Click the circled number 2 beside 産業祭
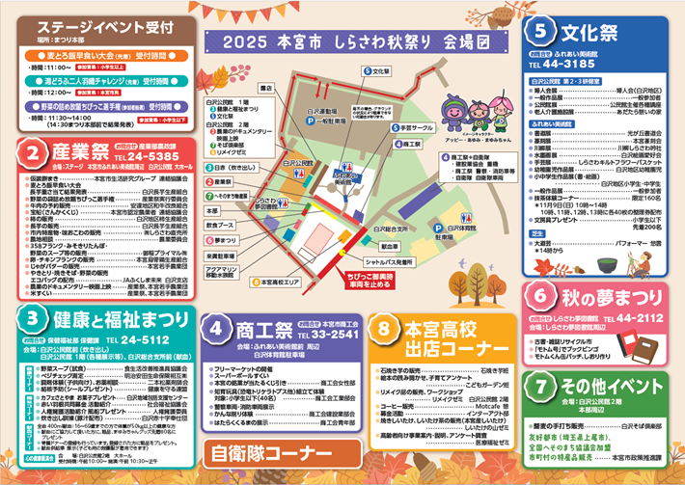coord(34,153)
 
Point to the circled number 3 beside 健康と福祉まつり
coord(34,316)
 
